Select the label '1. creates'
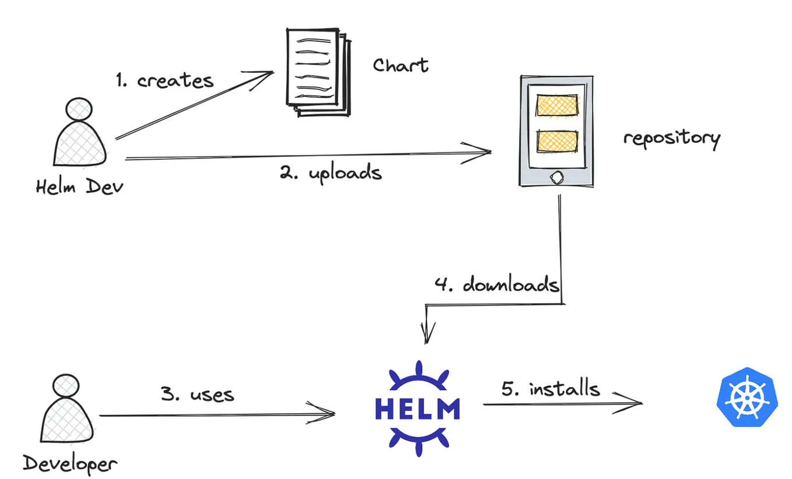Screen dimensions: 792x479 click(x=165, y=80)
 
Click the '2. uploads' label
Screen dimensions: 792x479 click(x=331, y=172)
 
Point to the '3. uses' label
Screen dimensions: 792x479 click(x=197, y=395)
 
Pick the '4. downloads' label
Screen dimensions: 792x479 click(x=497, y=284)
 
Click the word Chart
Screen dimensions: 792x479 click(x=401, y=65)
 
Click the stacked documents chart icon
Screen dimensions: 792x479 click(x=318, y=72)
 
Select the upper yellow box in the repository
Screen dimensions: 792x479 click(x=557, y=105)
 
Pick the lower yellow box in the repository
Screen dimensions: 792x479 click(x=557, y=142)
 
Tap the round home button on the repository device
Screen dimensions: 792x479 click(x=557, y=178)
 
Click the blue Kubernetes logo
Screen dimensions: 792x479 click(x=747, y=397)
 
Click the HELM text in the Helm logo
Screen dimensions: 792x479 click(x=418, y=408)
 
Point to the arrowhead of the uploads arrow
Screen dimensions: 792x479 click(x=490, y=152)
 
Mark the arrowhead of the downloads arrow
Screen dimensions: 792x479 click(x=427, y=343)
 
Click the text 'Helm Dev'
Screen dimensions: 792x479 click(x=79, y=186)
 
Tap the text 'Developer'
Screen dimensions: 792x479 click(x=69, y=464)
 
